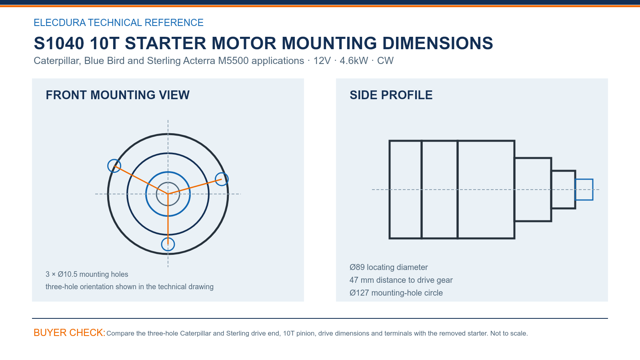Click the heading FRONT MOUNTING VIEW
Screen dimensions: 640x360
(x=118, y=95)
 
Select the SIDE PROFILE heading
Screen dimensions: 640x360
(x=391, y=95)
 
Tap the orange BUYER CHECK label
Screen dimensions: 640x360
(x=70, y=332)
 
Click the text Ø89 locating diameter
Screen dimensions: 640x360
(x=388, y=267)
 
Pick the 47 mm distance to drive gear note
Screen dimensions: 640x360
(x=401, y=280)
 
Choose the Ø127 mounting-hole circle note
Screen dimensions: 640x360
(x=396, y=293)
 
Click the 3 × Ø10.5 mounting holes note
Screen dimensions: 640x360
(x=87, y=274)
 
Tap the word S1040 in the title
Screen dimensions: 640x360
(x=59, y=43)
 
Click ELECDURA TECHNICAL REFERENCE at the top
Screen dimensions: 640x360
(x=118, y=22)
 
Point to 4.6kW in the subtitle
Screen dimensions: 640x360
(x=354, y=60)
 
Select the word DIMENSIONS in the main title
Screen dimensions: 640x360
(x=438, y=43)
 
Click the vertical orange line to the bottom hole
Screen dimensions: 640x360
(x=168, y=219)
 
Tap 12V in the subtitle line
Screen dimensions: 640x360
(x=322, y=60)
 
